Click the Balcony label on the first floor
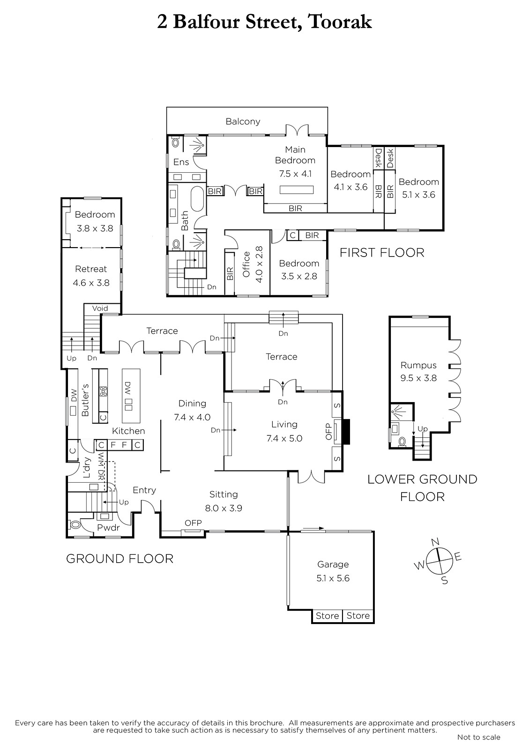243,121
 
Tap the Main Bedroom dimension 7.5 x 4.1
295,174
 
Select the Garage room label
333,565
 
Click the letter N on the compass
435,542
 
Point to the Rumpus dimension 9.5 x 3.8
418,378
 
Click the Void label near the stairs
100,308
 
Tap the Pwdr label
108,528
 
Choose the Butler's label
85,400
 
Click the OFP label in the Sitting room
193,522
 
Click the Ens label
181,162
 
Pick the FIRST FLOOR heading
382,252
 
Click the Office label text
246,264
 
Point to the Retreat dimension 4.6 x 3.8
91,283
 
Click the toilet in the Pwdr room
75,525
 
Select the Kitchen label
128,431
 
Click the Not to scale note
479,737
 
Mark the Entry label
144,491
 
